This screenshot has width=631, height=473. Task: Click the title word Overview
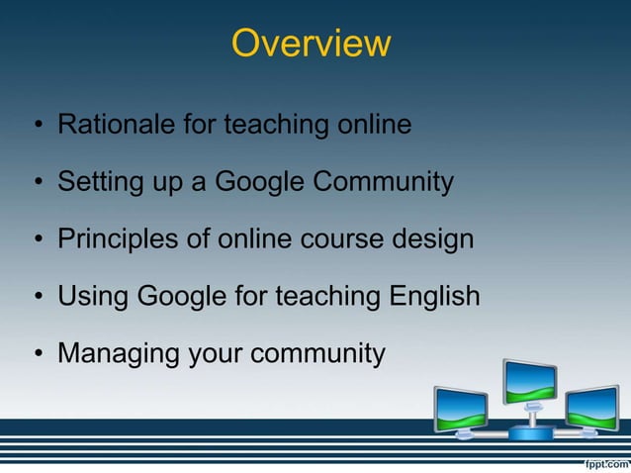tap(311, 44)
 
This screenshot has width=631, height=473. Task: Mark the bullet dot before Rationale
tap(37, 127)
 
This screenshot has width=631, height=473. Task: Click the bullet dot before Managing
tap(37, 354)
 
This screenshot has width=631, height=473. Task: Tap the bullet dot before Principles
tap(37, 240)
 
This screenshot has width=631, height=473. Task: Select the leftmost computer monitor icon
tap(460, 407)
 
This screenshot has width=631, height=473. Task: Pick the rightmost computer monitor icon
tap(591, 406)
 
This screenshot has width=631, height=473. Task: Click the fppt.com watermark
tap(601, 462)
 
